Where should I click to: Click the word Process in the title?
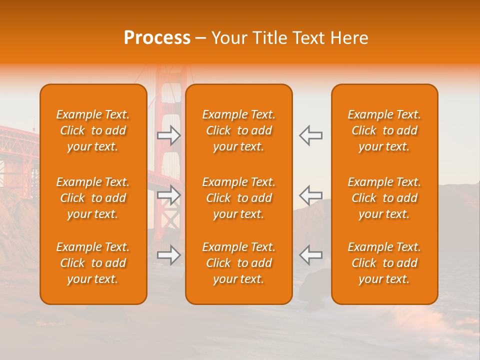(x=157, y=38)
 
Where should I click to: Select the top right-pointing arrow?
(x=169, y=135)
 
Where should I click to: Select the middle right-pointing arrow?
(x=169, y=195)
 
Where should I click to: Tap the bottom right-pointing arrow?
(x=169, y=255)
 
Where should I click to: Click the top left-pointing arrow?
(x=310, y=135)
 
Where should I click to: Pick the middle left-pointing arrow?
(x=310, y=195)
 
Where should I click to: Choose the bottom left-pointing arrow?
(x=310, y=255)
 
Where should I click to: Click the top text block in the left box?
(x=93, y=130)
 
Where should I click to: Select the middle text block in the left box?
(x=93, y=198)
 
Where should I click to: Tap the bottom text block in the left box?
(x=93, y=263)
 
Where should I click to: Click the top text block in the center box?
(x=238, y=130)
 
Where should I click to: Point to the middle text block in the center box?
(x=238, y=198)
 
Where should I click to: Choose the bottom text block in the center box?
(x=238, y=263)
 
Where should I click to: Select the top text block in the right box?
(x=384, y=130)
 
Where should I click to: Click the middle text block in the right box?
(x=384, y=198)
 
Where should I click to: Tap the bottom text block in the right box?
(x=384, y=263)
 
